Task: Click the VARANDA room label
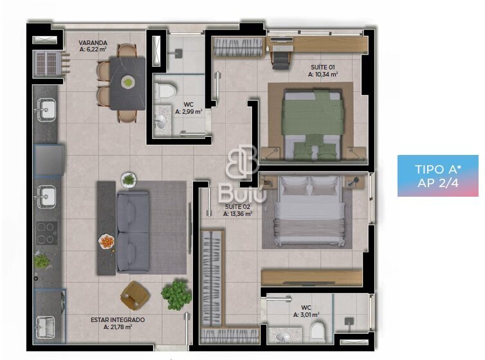93,42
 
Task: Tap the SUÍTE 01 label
323,67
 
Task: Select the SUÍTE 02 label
237,207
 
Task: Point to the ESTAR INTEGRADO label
118,320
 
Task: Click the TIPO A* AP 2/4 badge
437,176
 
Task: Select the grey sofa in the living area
133,232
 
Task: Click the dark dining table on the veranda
127,84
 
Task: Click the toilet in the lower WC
316,331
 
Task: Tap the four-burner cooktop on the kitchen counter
46,233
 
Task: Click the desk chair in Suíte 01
281,60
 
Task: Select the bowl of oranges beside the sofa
107,242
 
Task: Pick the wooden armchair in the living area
135,296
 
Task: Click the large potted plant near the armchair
176,294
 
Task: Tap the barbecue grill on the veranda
49,64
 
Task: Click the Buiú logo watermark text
243,193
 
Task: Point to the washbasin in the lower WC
282,336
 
